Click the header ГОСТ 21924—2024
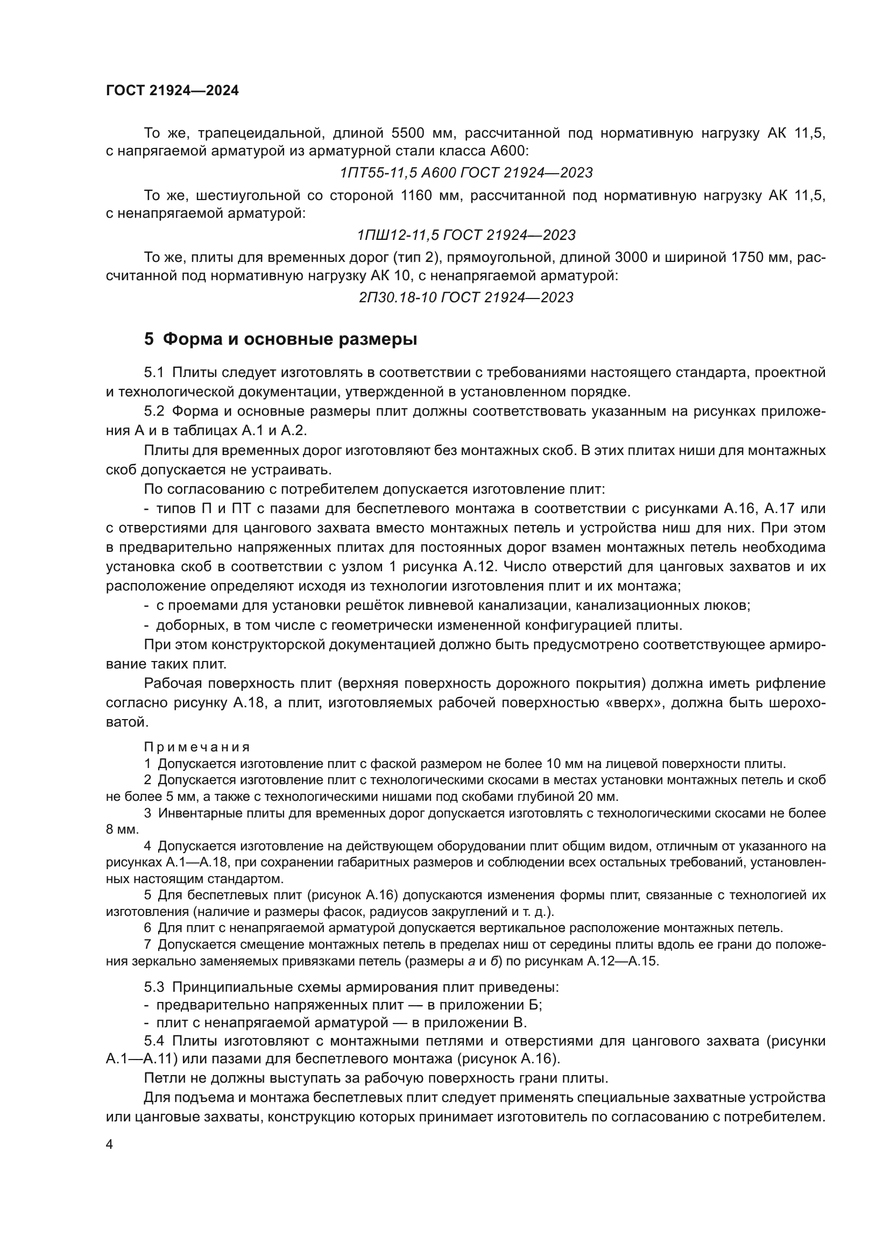pyautogui.click(x=172, y=91)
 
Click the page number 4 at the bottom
pyautogui.click(x=109, y=1145)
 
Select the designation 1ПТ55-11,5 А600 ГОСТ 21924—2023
pyautogui.click(x=466, y=173)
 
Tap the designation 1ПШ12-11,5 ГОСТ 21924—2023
pyautogui.click(x=466, y=236)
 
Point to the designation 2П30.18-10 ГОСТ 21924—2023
pyautogui.click(x=466, y=298)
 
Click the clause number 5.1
pyautogui.click(x=154, y=373)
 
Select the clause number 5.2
pyautogui.click(x=154, y=412)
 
